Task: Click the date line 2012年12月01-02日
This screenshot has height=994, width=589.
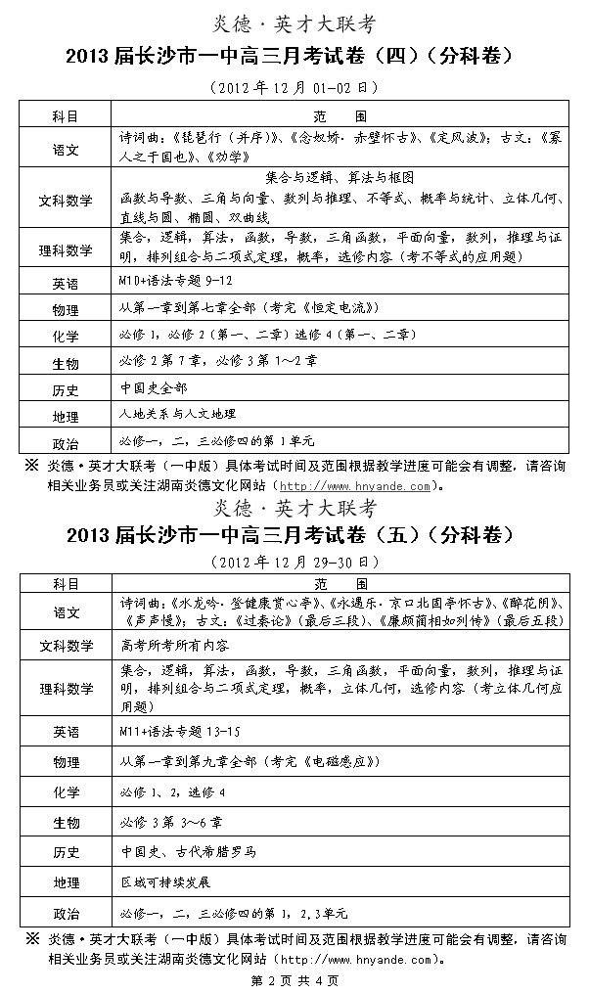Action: (x=294, y=87)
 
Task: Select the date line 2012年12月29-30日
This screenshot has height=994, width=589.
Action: (x=294, y=563)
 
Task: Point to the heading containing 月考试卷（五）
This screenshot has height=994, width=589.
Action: (x=294, y=535)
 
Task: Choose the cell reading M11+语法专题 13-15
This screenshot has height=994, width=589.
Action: (x=179, y=731)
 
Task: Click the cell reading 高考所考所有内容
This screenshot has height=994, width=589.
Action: (x=175, y=645)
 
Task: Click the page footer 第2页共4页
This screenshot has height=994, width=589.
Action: (x=294, y=980)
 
